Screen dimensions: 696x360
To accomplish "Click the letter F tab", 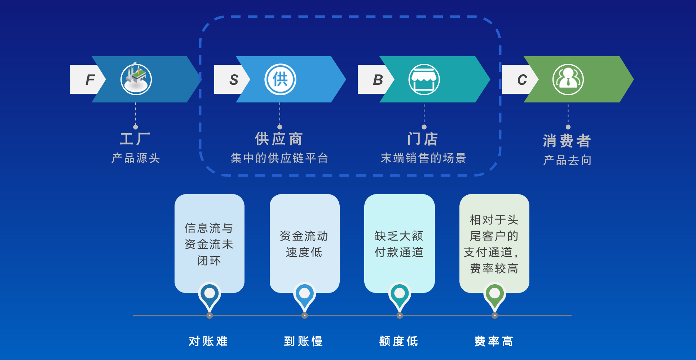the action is coord(87,79).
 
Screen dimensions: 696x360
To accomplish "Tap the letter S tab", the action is coord(231,79).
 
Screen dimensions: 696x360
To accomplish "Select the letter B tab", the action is coord(375,79).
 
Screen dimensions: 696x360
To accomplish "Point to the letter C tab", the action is coord(520,79).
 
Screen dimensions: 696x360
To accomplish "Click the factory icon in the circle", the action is coord(136,79).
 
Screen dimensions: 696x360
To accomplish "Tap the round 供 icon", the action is coord(280,79).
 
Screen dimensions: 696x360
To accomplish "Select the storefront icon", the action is coord(424,79).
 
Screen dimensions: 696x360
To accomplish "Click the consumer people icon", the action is coord(568,79).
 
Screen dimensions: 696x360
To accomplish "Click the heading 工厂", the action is coord(135,139).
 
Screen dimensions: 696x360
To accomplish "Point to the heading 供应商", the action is coord(279,139).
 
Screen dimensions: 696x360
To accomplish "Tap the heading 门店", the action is coord(423,139).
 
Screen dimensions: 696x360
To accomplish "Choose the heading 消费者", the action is coord(567,141).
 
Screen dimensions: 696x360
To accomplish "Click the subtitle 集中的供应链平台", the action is coord(279,158).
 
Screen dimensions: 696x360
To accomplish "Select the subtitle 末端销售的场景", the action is coord(424,158).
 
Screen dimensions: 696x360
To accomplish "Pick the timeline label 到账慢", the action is coord(303,341).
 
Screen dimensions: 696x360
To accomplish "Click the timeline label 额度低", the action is coord(398,341).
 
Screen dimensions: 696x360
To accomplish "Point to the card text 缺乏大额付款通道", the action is coord(399,244).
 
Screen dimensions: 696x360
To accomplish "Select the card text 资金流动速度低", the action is coord(304,244).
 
